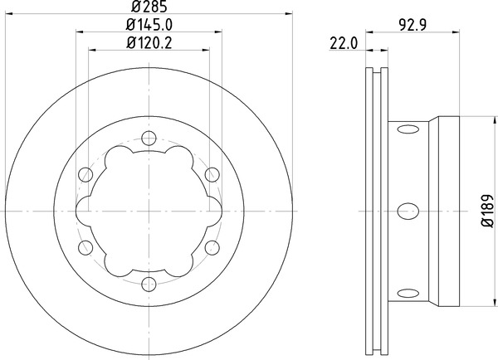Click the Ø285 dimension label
coord(149,6)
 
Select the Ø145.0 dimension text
coord(149,25)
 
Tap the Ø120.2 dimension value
coord(149,43)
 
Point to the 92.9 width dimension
coord(413,25)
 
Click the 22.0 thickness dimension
coord(344,43)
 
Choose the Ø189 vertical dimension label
coord(488,212)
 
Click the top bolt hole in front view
coord(149,138)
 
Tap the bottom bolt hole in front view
coord(149,285)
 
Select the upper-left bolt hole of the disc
coord(85,174)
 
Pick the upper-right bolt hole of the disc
coord(212,174)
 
